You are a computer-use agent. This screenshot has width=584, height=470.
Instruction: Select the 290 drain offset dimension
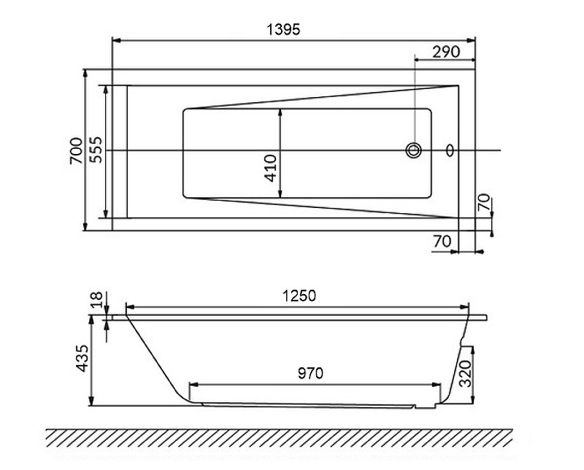pos(445,51)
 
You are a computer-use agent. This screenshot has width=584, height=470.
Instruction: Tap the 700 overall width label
pos(77,150)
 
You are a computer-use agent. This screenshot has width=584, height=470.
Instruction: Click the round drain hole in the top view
pos(414,150)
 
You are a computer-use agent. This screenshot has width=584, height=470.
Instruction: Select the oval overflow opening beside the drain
pos(450,150)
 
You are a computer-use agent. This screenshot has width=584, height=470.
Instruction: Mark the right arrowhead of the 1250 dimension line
pos(468,305)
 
